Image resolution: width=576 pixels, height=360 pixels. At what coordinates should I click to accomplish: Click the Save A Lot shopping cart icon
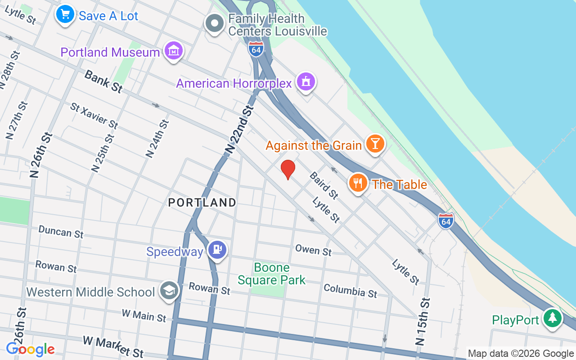coord(65,14)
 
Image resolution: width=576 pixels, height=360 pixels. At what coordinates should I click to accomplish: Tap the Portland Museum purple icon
coord(173,51)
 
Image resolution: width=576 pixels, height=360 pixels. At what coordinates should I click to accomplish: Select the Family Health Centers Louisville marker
coord(215,23)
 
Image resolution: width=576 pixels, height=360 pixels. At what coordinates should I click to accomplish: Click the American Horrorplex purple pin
coord(306,82)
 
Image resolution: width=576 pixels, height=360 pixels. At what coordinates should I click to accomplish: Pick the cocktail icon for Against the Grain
coord(374,144)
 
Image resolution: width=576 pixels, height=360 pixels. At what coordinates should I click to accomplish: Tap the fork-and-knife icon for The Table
coord(358,183)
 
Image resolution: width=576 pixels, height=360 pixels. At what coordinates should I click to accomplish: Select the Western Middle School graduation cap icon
coord(169,291)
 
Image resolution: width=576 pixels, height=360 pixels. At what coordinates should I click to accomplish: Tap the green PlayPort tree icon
coord(552,319)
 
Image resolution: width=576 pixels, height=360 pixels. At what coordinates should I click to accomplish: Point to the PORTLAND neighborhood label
coord(202,202)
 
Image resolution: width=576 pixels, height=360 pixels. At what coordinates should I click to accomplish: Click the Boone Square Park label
coord(271,274)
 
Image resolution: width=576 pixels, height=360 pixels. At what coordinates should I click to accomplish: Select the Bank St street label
coord(103,81)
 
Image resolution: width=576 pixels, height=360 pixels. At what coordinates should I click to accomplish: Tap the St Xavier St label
coord(94,115)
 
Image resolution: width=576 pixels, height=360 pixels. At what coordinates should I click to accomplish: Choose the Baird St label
coord(324,185)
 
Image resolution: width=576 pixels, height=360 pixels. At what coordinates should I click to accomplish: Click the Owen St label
coord(313,250)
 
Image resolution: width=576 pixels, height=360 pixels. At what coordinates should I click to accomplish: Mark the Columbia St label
coord(350,291)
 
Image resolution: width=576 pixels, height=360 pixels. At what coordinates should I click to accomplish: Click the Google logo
coord(30,349)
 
